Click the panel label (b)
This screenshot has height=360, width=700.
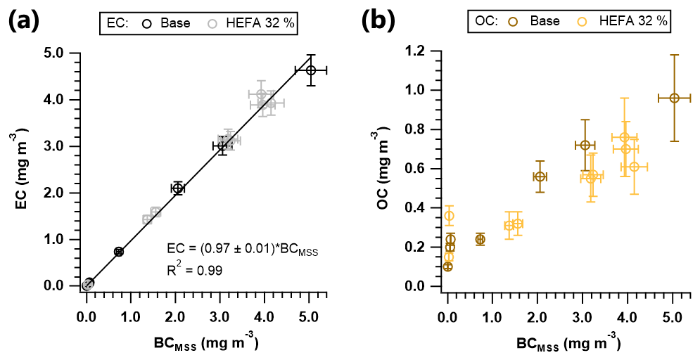point(381,22)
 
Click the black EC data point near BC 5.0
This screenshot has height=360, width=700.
point(311,70)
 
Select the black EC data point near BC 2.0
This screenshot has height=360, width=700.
point(178,188)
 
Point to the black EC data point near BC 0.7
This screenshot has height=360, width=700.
point(119,251)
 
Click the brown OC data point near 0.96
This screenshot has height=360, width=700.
point(674,98)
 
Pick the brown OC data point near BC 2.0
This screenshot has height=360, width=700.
point(540,176)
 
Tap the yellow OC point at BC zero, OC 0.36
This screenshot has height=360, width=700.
point(449,216)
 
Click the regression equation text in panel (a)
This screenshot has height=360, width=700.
point(243,250)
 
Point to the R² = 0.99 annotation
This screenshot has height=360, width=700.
point(195,269)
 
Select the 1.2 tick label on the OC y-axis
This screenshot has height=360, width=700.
point(414,51)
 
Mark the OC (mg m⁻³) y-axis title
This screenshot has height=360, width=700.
point(384,169)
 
